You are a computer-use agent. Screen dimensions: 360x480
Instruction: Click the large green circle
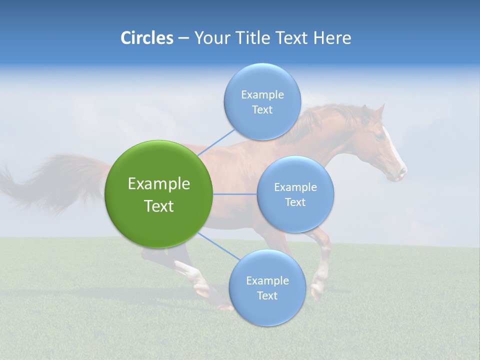[159, 194]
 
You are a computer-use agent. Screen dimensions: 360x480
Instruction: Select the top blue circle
[262, 101]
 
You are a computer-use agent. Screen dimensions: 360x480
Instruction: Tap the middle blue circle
[295, 194]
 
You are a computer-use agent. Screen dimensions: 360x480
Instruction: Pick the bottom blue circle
[267, 287]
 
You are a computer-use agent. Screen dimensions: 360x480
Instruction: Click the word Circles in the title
[146, 38]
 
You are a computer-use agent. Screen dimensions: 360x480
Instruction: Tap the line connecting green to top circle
[216, 141]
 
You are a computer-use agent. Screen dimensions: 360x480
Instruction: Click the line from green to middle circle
[235, 194]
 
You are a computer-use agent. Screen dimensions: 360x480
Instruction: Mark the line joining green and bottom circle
[218, 246]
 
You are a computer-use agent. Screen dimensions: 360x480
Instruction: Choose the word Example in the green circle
[159, 184]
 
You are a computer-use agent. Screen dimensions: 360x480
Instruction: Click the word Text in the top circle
[262, 110]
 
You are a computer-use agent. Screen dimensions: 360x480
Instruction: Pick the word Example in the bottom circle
[267, 280]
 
